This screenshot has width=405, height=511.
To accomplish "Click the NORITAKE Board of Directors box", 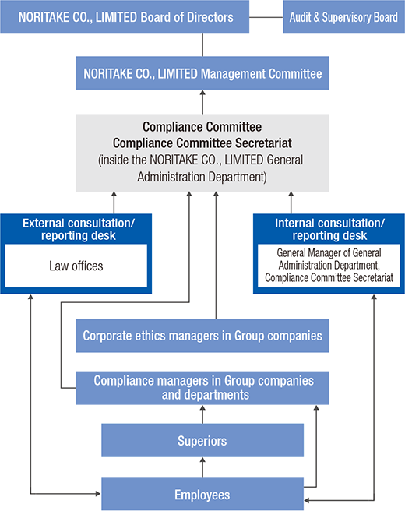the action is pos(125,17).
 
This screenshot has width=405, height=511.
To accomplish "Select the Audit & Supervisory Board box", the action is pos(343,17).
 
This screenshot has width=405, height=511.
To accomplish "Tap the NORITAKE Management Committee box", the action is pos(202,73).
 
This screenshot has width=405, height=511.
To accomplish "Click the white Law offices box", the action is pos(76,266).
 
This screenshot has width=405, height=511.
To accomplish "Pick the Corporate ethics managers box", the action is pos(202,336).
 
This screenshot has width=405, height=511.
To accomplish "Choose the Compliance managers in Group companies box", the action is pos(202,388).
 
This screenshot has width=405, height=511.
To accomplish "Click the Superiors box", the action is pos(202,441).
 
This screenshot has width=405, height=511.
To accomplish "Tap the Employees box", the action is pos(202,494).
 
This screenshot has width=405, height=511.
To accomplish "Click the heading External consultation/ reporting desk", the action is pos(78,230).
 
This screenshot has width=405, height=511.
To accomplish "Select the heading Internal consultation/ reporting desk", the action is pos(329,230).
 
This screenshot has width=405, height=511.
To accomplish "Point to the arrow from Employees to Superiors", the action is pos(202,467).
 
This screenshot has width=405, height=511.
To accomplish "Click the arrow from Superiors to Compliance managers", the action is pos(202,414).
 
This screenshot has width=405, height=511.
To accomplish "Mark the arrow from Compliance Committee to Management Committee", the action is pos(202,102).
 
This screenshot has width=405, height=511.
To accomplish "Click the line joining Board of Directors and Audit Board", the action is pos(266,17).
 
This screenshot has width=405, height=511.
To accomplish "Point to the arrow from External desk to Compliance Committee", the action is pos(114,203).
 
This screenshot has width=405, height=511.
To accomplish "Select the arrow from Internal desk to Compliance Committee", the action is pos(291,203).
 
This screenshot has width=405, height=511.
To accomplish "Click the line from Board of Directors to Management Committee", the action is pos(202,45).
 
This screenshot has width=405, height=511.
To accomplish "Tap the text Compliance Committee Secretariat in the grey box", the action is pos(202,143).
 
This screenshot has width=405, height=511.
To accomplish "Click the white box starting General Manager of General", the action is pos(329,266).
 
